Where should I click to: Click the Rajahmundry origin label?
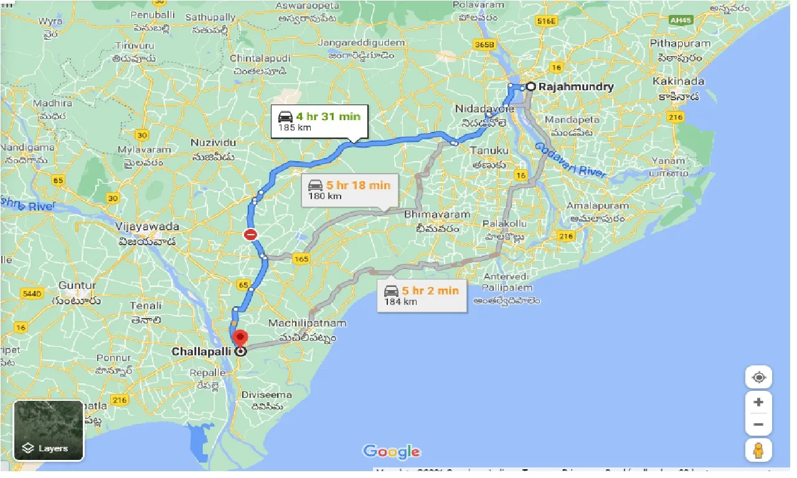pos(577,87)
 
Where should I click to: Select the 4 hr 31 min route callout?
pos(319,121)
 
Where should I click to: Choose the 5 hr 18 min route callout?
pos(349,190)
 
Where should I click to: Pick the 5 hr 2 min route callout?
pos(421,295)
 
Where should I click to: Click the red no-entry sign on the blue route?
pos(250,235)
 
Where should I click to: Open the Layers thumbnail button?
pos(49,430)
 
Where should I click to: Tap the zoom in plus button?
pos(758,402)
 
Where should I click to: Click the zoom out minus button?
pos(758,424)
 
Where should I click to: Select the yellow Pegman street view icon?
pos(758,450)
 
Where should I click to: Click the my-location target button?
pos(758,377)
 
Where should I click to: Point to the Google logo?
pos(392,452)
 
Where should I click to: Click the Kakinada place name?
pos(679,82)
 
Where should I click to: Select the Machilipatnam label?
pos(307,323)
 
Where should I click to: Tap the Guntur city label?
pos(77,286)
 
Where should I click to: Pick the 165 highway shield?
pos(301,259)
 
